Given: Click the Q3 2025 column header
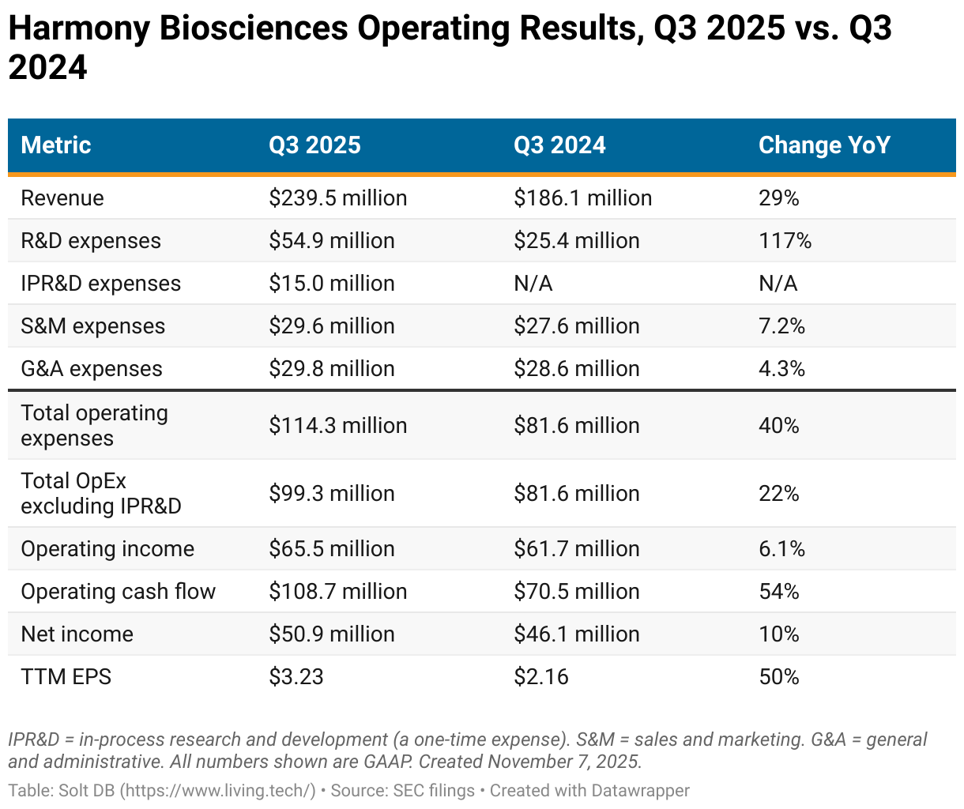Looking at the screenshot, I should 314,145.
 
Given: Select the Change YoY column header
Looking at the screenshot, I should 824,145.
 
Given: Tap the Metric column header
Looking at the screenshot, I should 56,145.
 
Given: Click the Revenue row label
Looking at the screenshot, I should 62,198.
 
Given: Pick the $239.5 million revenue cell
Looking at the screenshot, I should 337,198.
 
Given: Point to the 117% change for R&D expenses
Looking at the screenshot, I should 785,241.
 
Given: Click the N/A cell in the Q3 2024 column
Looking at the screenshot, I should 533,284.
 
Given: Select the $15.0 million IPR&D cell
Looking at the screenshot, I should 331,284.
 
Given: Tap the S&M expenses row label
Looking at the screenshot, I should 93,326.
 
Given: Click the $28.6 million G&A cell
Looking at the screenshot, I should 576,369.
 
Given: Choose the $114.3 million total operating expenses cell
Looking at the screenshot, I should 337,426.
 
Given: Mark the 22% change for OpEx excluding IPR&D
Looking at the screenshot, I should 778,494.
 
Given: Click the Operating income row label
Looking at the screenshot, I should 107,549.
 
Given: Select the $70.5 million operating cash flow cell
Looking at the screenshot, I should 576,592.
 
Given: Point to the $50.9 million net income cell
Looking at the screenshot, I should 331,634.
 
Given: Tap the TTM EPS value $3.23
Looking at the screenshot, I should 296,677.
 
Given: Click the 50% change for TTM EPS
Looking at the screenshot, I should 778,677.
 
